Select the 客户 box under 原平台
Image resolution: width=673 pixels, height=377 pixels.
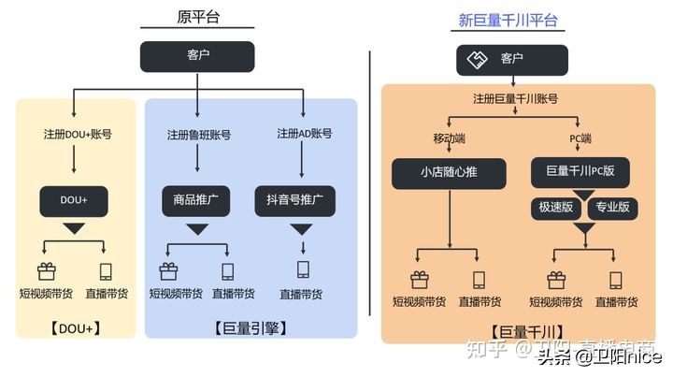[197, 56]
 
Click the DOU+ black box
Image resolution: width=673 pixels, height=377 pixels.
[74, 199]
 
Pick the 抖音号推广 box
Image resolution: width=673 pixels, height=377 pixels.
[294, 200]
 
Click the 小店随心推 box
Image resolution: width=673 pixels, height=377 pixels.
[449, 172]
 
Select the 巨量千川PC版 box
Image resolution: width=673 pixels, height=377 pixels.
[580, 172]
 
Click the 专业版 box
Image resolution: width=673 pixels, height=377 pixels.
[612, 207]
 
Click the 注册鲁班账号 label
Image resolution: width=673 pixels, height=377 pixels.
[198, 134]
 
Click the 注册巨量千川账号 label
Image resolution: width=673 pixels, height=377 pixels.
[515, 97]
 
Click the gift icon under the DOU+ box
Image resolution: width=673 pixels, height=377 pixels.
[47, 271]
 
